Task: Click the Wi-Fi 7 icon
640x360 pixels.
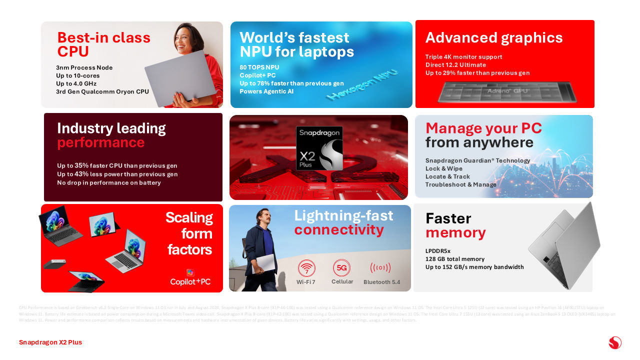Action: point(306,268)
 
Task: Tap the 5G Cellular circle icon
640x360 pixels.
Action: point(342,267)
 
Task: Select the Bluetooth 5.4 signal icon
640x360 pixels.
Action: point(380,268)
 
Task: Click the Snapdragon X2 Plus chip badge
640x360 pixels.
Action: point(319,148)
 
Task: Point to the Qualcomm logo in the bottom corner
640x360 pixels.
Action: point(615,343)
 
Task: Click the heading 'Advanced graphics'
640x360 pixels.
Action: point(494,38)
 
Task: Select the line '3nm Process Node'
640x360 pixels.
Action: point(84,68)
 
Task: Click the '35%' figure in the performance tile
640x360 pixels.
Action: point(81,165)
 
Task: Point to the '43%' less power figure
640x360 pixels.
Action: point(81,174)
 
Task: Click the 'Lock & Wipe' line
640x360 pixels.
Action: point(444,168)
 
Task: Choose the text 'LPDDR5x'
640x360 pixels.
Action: point(438,251)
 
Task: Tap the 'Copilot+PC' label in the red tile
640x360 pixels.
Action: point(190,281)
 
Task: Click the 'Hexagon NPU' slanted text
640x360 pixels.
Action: point(362,84)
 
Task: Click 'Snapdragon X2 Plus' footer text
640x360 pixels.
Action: point(50,342)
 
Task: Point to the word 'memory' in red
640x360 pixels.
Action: point(455,232)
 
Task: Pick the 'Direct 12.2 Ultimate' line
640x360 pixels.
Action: point(455,65)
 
